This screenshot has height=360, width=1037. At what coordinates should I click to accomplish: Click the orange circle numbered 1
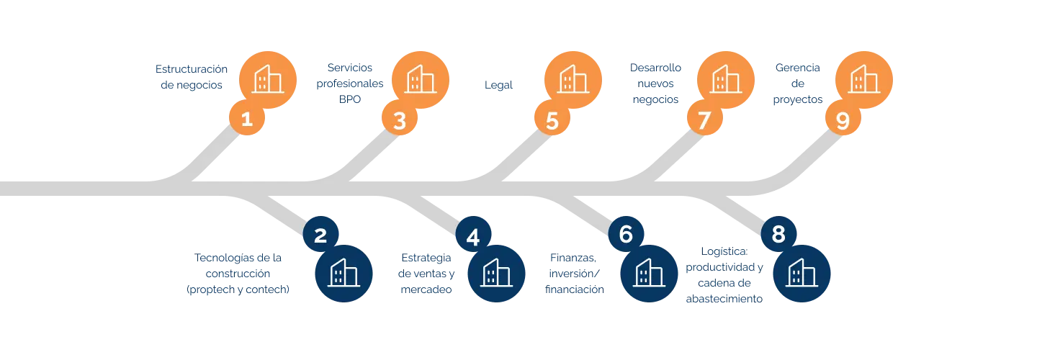coord(247,119)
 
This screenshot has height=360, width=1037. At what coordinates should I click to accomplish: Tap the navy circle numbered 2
coord(320,235)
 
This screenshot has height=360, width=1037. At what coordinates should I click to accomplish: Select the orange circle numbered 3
coord(400,121)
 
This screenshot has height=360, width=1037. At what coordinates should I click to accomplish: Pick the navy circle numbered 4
coord(473,237)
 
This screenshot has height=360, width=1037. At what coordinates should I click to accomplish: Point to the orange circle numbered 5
coord(552,121)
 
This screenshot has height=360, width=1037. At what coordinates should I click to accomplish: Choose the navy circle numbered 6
coord(626,234)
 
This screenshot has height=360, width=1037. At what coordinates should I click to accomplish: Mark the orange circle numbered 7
coord(705,121)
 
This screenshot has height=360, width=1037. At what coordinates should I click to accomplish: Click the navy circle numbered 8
coord(778,235)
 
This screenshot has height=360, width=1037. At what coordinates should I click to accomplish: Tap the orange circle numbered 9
coord(842,121)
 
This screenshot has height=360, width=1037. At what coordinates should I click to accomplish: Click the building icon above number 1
coord(267,79)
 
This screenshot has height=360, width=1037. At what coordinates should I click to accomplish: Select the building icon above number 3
coord(421,79)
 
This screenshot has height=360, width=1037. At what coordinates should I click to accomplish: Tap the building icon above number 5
coord(573,79)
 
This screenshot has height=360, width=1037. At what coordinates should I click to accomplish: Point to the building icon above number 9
coord(863,79)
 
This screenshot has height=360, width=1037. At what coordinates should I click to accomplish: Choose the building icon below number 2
coord(344,274)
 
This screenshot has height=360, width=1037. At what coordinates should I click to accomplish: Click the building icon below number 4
coord(496,274)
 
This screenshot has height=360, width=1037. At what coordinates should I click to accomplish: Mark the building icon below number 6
coord(649,274)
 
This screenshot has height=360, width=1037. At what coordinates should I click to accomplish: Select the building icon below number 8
coord(802,274)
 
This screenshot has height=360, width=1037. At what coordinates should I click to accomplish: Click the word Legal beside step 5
coord(498,86)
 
